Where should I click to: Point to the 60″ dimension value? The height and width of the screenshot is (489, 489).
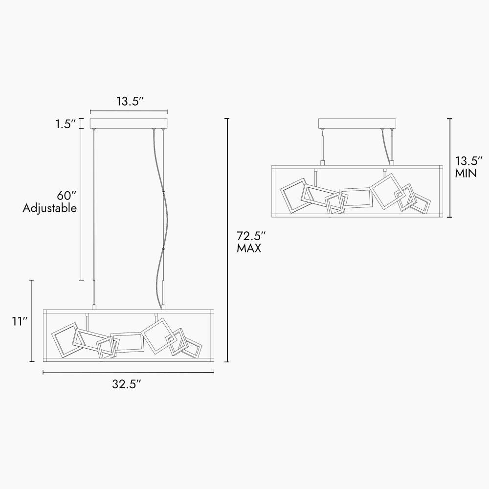point(67,196)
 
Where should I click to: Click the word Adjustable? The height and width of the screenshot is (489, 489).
point(49,208)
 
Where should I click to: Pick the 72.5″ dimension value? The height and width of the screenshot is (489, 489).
point(251,236)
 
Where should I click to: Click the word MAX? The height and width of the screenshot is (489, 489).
point(249,248)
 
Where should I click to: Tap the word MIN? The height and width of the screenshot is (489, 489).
point(466,173)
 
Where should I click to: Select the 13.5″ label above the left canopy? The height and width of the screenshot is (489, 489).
point(130,101)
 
